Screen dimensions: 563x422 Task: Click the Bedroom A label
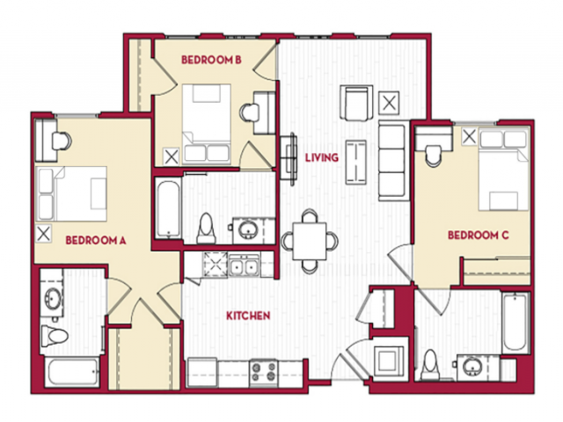point(96,240)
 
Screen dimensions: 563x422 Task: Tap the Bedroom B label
point(211,60)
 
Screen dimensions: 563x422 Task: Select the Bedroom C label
point(479,236)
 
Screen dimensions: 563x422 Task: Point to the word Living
point(322,157)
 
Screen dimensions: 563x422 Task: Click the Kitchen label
point(248,316)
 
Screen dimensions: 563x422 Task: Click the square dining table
point(310,241)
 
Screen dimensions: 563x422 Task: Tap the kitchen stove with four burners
point(264,372)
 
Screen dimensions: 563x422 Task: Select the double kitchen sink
point(245,266)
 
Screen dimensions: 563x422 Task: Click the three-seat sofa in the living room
point(393,161)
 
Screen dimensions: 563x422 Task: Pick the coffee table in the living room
point(355,162)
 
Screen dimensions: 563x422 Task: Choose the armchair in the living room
point(356,103)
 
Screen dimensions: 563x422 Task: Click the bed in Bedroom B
point(207,123)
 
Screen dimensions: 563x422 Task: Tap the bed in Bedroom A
point(71,193)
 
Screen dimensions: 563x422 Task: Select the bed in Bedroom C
point(504,170)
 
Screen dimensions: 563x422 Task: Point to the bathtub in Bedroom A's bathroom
point(72,372)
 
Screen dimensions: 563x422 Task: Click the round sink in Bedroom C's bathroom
point(471,367)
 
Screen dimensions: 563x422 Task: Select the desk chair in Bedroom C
point(434,156)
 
